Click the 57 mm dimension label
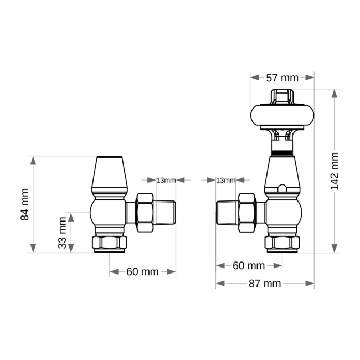[282, 78]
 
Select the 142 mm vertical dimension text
[335, 171]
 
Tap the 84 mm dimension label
[25, 204]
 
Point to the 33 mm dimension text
[63, 233]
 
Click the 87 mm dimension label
[264, 284]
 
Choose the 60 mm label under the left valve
[142, 271]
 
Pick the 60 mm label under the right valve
[249, 265]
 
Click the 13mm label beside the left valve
[166, 180]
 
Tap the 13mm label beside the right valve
[225, 180]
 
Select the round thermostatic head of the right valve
[282, 115]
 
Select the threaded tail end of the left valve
[166, 212]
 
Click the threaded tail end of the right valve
[226, 212]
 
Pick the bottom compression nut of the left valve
[110, 243]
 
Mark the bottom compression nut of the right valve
[282, 243]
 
